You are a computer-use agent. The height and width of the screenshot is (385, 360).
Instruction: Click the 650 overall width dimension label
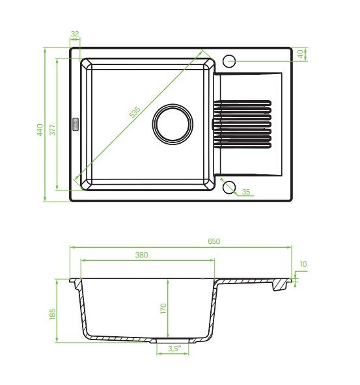(214, 241)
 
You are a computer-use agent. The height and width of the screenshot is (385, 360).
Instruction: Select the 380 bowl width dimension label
(141, 255)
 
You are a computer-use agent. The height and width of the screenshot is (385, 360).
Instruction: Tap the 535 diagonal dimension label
(135, 112)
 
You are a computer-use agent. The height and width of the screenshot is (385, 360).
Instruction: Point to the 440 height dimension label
(40, 129)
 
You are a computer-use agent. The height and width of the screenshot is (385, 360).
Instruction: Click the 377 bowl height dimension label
(53, 130)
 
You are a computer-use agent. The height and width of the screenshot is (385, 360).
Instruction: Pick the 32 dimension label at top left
(75, 34)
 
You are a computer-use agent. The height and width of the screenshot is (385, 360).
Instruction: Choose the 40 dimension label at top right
(300, 54)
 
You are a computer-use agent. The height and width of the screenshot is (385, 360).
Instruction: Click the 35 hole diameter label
(245, 192)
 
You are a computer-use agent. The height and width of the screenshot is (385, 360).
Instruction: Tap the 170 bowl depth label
(163, 308)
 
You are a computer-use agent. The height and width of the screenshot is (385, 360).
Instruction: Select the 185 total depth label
(53, 314)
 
